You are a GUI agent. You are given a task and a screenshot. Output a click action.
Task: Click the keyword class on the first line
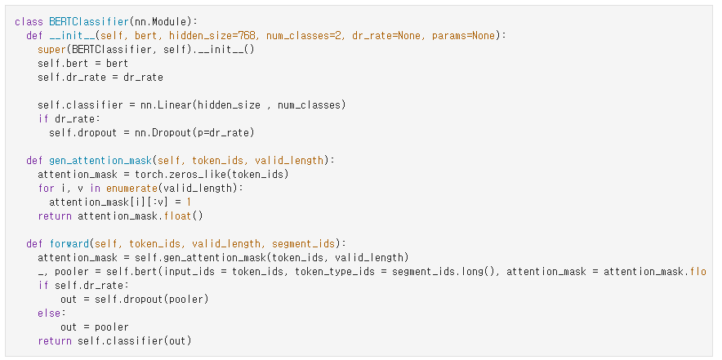(x=29, y=21)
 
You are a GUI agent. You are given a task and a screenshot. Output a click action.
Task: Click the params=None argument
(x=471, y=36)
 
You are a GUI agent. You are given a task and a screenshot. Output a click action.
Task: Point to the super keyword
(x=51, y=50)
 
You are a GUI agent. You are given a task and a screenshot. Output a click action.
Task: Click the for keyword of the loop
(x=46, y=188)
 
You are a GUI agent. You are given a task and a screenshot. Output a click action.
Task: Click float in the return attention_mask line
(x=185, y=216)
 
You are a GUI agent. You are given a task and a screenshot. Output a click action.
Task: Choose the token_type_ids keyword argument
(x=331, y=271)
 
